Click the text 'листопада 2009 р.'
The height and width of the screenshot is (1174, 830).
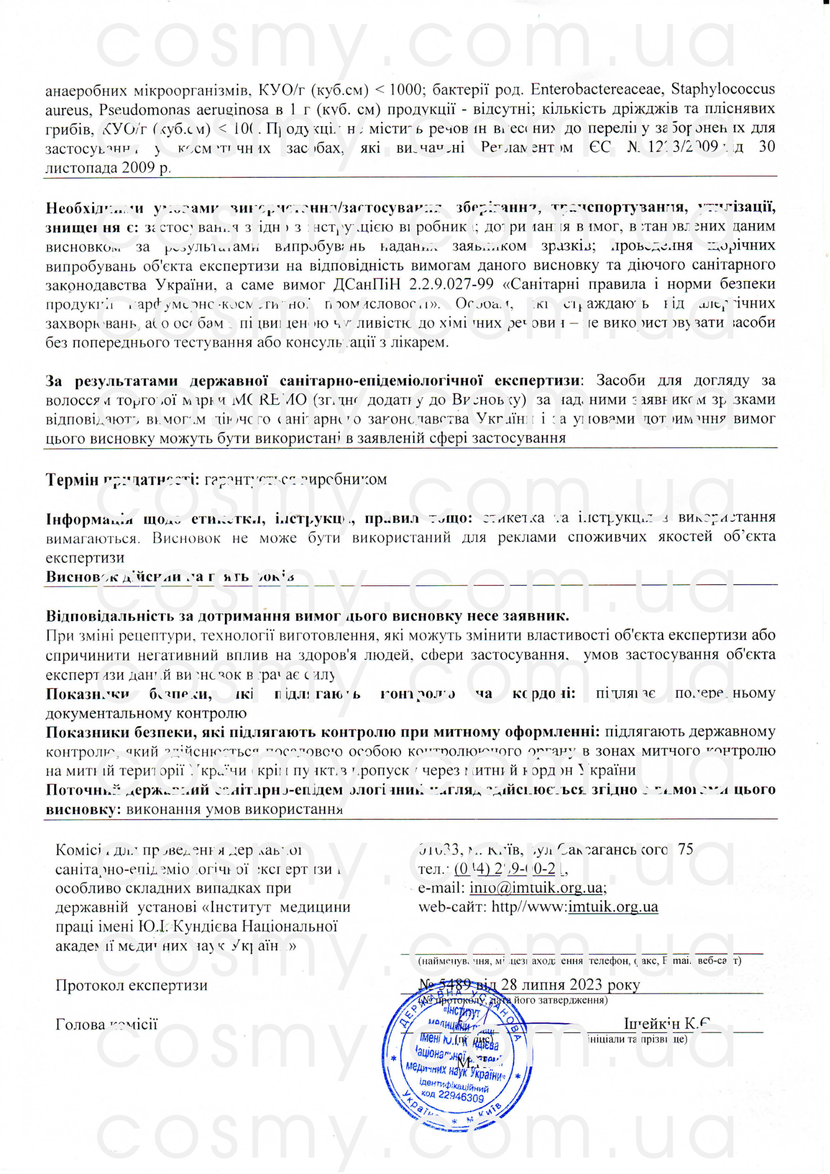point(108,167)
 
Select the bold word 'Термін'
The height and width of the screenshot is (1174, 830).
point(72,480)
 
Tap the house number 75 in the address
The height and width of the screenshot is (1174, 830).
point(685,849)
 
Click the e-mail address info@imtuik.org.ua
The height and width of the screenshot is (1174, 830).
point(537,888)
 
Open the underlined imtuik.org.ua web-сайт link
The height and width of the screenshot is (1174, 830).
point(613,907)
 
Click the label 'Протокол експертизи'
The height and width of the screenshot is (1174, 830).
point(131,985)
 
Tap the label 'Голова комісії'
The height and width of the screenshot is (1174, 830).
point(106,1024)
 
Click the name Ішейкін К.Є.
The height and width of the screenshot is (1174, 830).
point(667,1024)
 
